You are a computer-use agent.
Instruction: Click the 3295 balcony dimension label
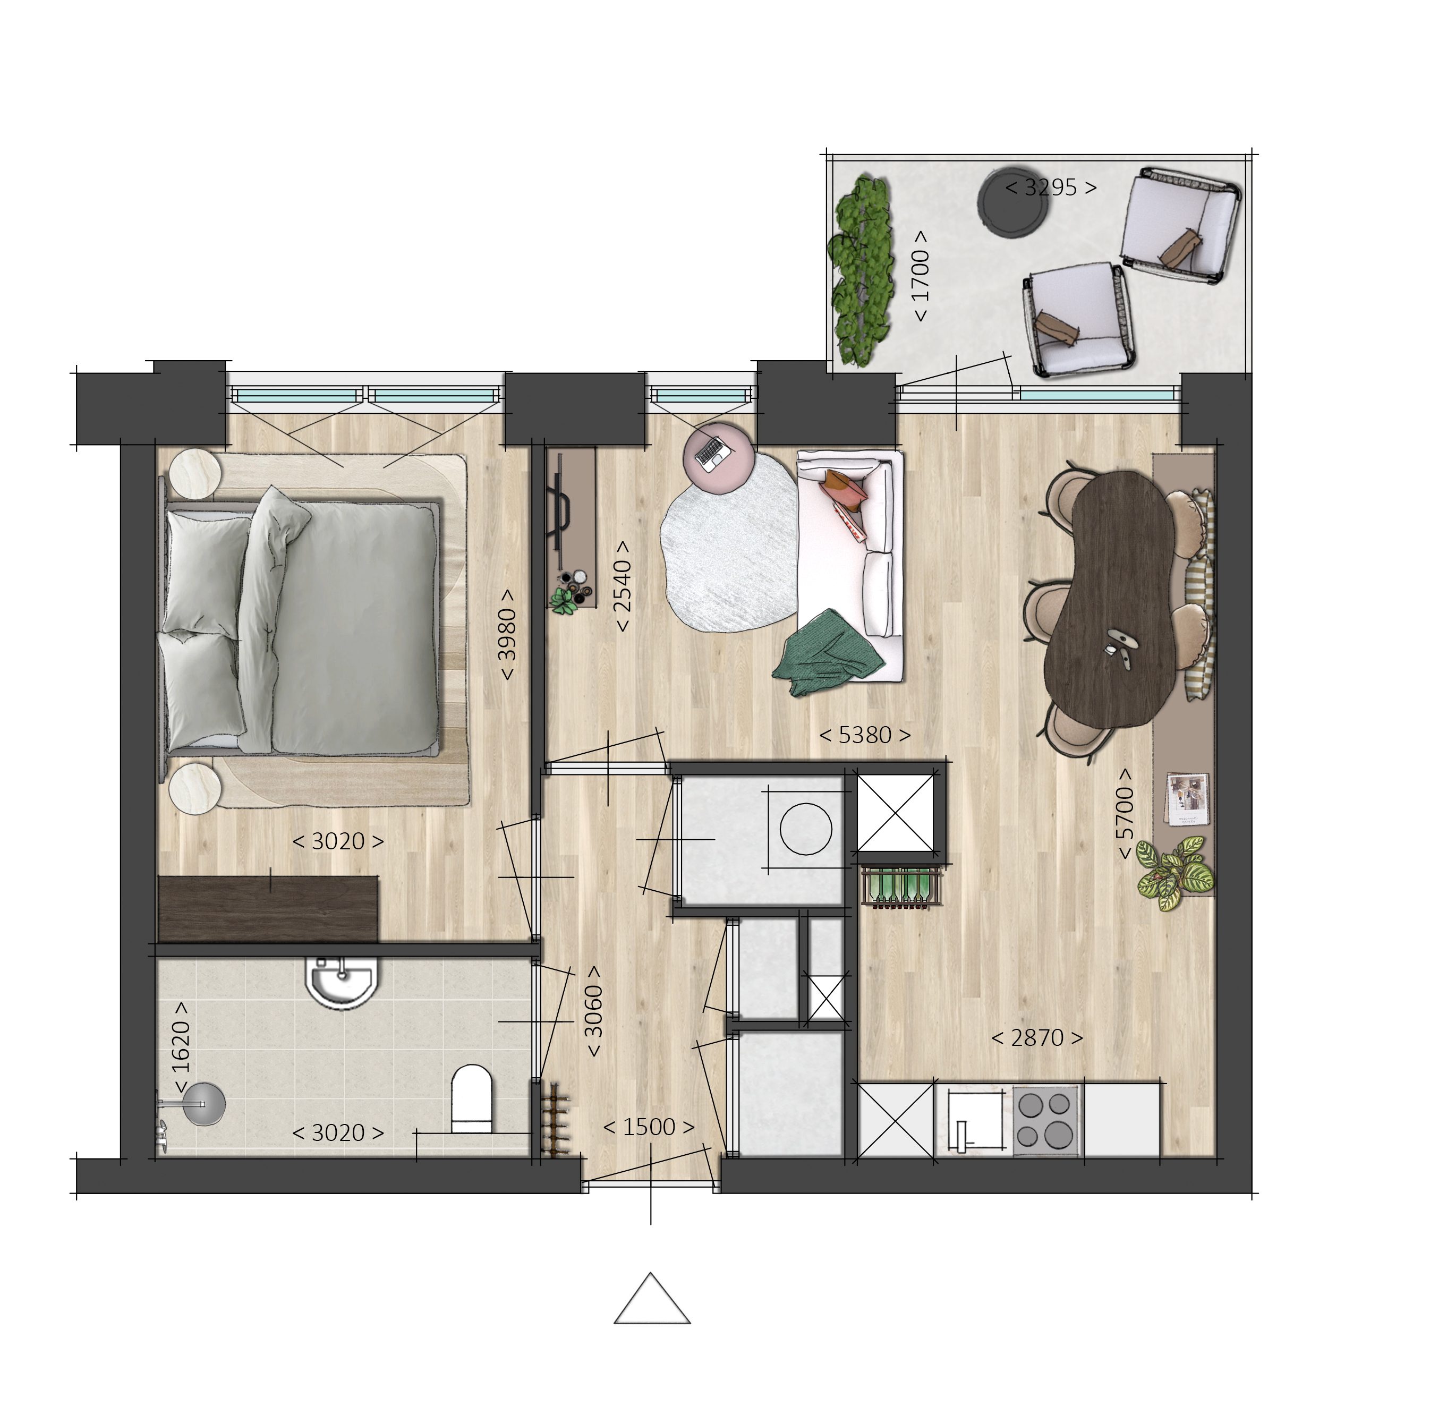coord(1050,188)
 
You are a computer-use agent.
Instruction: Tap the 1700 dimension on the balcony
coord(920,275)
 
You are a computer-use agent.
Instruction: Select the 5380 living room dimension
coord(865,736)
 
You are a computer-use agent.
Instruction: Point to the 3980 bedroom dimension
coord(507,635)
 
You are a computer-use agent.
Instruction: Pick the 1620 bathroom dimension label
coord(181,1047)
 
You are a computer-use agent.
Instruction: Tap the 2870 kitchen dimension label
coord(1037,1038)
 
